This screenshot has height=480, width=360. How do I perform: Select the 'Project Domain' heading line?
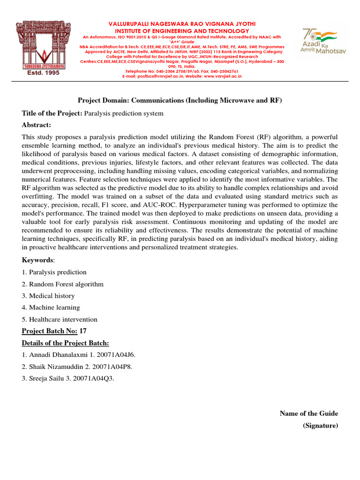(180, 100)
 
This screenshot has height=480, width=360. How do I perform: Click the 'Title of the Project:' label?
(52, 113)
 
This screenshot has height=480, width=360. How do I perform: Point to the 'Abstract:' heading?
(37, 125)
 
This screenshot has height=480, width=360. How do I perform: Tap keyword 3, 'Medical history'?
(52, 296)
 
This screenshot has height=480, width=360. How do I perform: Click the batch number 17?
(83, 331)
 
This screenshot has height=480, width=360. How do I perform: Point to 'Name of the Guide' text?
(308, 413)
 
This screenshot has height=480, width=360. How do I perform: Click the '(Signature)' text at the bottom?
(320, 425)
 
